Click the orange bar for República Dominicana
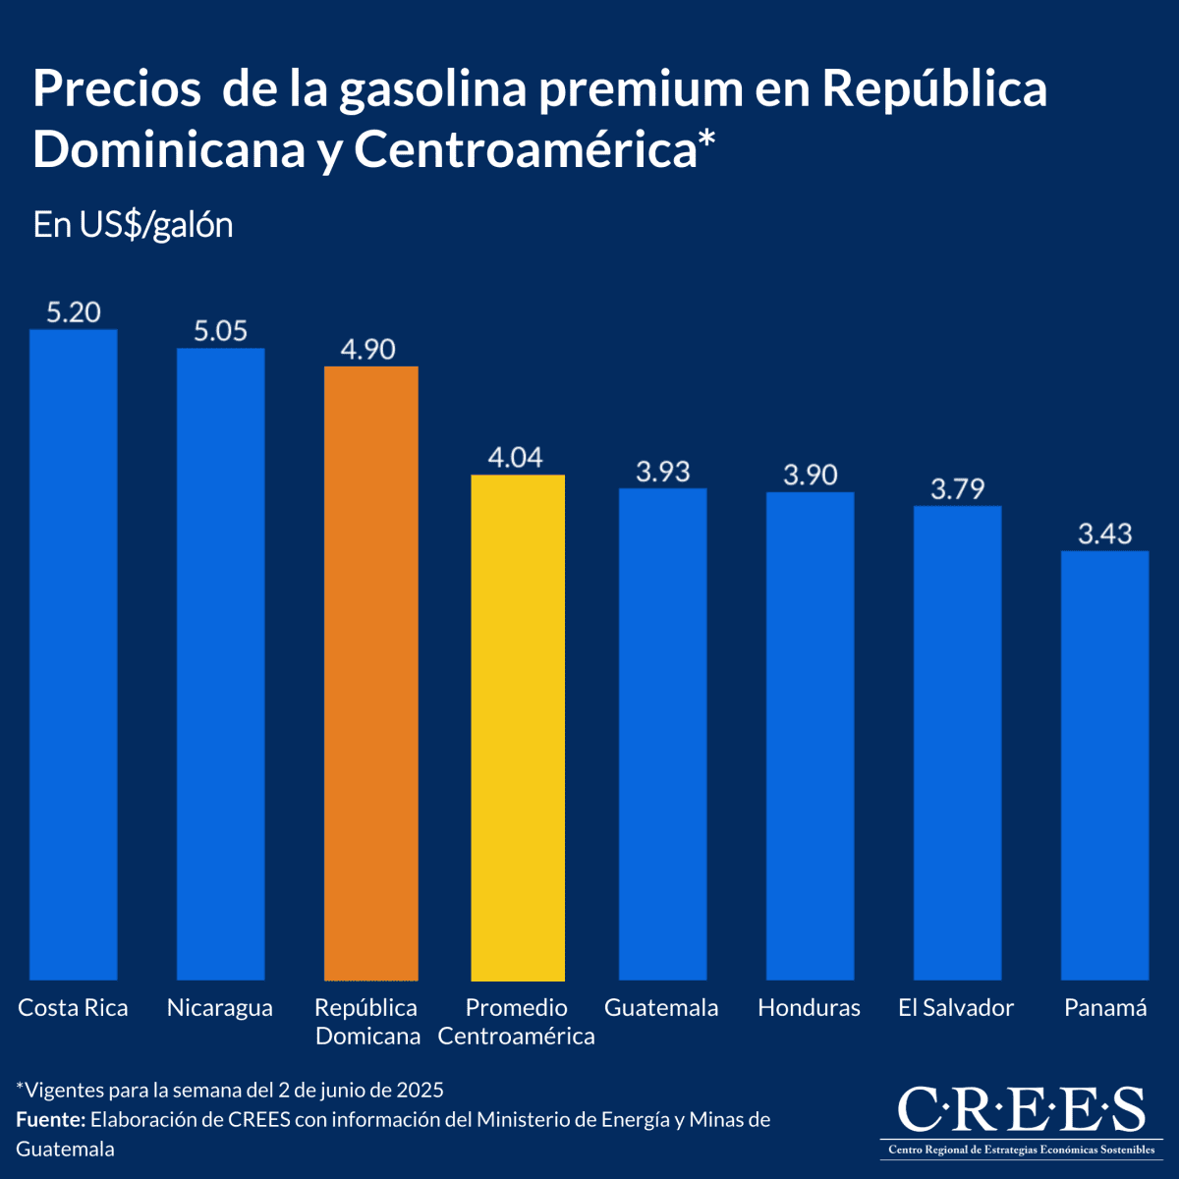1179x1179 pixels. [x=370, y=673]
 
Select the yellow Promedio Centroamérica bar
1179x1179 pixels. [x=518, y=727]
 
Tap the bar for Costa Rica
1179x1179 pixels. [x=74, y=653]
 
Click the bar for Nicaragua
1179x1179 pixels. [x=220, y=663]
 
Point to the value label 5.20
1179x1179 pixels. [x=74, y=312]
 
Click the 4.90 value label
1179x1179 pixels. [x=367, y=350]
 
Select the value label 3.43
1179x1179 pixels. [x=1104, y=533]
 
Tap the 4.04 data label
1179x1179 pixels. [x=515, y=458]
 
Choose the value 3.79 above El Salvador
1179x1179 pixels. [x=957, y=488]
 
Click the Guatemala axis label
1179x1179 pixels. [x=661, y=1008]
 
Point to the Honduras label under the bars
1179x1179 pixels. [x=809, y=1008]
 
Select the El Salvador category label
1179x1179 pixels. [x=955, y=1008]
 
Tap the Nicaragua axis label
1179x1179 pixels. [x=220, y=1008]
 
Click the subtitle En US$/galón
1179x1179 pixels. [x=133, y=225]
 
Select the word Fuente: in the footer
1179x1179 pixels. [x=51, y=1120]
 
